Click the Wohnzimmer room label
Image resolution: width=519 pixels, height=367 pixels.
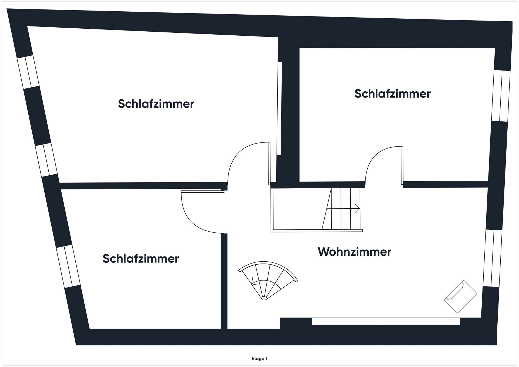(354, 252)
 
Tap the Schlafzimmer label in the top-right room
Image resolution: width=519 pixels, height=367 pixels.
(392, 94)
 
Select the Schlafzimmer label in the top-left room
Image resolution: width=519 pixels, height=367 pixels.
(156, 104)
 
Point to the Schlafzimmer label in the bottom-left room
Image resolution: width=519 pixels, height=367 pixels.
(141, 259)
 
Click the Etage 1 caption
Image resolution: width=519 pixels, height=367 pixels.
(259, 359)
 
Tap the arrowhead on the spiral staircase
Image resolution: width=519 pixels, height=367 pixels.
(253, 282)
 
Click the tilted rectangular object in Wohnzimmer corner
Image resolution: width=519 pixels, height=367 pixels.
(461, 296)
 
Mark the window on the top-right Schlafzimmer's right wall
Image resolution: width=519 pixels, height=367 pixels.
(501, 96)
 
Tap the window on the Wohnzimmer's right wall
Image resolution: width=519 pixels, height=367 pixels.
(493, 258)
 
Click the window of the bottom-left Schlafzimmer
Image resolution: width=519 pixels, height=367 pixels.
(68, 266)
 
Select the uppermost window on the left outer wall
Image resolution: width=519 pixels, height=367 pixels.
(28, 72)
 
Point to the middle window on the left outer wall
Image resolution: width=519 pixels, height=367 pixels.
(46, 160)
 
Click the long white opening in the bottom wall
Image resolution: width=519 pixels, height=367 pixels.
(386, 321)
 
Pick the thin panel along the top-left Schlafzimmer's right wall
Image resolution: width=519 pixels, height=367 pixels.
(279, 108)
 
